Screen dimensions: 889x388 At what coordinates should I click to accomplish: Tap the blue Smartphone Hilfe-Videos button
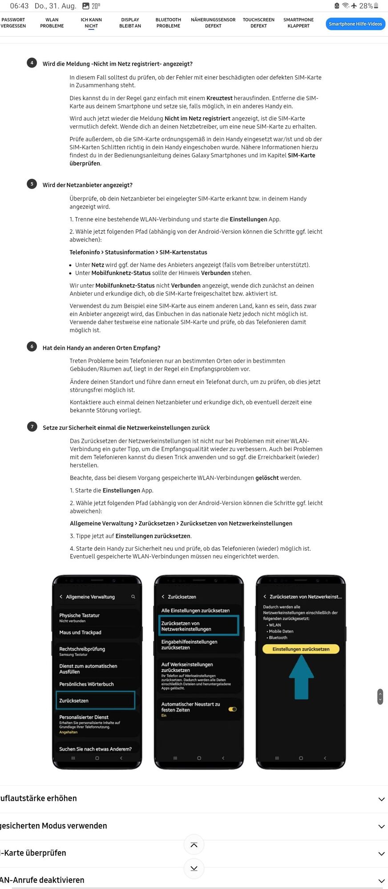pos(355,24)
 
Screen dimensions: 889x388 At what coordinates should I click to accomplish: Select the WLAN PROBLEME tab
pos(52,23)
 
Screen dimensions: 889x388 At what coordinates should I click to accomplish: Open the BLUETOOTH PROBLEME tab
pos(168,23)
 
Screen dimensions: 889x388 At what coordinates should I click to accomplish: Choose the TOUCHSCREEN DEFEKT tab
pos(258,23)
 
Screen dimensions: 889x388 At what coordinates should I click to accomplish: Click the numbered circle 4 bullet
pos(32,63)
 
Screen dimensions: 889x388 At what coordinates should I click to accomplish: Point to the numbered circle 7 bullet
pos(32,427)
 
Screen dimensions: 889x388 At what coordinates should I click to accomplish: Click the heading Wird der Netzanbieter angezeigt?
pos(88,185)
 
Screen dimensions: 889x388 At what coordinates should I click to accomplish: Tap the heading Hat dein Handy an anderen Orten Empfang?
pos(101,348)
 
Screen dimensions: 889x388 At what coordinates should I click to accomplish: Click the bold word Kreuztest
pos(219,98)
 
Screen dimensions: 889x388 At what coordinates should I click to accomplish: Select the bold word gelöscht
pos(267,478)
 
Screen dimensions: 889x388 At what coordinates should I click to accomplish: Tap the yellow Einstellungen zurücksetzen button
pos(301,649)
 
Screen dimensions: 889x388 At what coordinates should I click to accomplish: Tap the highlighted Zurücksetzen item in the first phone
pos(96,700)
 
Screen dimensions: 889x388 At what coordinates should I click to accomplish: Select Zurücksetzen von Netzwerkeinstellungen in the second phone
pos(198,626)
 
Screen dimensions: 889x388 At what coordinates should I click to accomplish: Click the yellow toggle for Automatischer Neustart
pos(232,709)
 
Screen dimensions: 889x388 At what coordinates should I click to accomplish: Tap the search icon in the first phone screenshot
pos(133,597)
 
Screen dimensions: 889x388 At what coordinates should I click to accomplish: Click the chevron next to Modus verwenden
pos(381,826)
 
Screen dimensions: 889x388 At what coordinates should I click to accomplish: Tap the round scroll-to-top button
pos(194,845)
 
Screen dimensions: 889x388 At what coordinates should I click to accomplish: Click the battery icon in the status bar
pos(376,6)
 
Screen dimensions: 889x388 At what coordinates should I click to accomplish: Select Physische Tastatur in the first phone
pos(80,617)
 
